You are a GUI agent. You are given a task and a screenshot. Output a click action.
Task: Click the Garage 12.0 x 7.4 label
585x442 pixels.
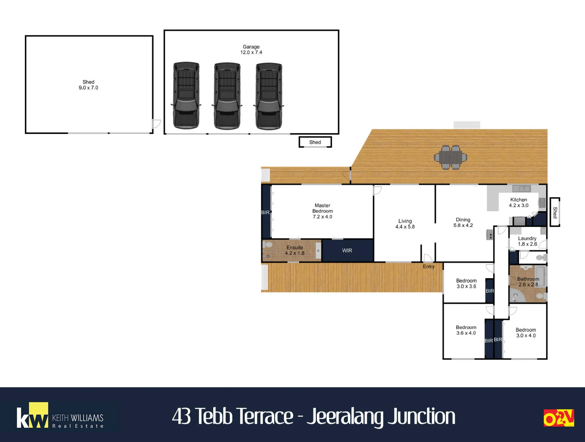pyautogui.click(x=251, y=50)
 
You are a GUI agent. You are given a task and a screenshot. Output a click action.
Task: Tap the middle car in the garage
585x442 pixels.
pyautogui.click(x=227, y=95)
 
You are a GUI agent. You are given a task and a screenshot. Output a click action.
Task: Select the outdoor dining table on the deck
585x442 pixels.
pyautogui.click(x=450, y=157)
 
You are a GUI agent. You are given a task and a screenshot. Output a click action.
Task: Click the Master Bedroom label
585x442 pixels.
pyautogui.click(x=323, y=211)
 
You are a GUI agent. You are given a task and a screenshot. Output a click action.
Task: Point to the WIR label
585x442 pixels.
pyautogui.click(x=347, y=250)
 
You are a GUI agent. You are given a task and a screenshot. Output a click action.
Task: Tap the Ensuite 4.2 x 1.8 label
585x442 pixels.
pyautogui.click(x=295, y=250)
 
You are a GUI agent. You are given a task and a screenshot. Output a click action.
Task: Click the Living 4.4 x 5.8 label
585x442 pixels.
pyautogui.click(x=405, y=224)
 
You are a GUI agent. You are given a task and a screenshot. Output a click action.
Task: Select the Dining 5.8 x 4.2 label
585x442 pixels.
pyautogui.click(x=463, y=222)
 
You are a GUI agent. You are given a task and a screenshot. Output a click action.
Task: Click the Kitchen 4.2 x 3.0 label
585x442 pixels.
pyautogui.click(x=519, y=202)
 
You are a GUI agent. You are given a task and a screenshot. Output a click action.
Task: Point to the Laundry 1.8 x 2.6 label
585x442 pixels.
pyautogui.click(x=527, y=241)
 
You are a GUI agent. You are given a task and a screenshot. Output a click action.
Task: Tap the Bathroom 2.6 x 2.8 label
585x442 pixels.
pyautogui.click(x=528, y=282)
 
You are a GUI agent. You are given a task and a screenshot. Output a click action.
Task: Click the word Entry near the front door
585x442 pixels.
pyautogui.click(x=429, y=267)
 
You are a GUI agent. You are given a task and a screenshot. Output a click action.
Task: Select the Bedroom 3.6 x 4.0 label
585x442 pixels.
pyautogui.click(x=466, y=330)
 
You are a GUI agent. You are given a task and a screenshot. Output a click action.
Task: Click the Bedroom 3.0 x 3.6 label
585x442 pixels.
pyautogui.click(x=466, y=284)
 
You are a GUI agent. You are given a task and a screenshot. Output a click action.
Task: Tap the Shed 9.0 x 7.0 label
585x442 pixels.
pyautogui.click(x=88, y=85)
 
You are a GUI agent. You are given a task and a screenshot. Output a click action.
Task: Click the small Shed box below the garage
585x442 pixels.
pyautogui.click(x=315, y=142)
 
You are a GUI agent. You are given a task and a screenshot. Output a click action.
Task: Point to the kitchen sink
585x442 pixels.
pyautogui.click(x=522, y=188)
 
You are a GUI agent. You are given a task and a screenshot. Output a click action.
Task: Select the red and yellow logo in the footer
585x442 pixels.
pyautogui.click(x=559, y=418)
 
